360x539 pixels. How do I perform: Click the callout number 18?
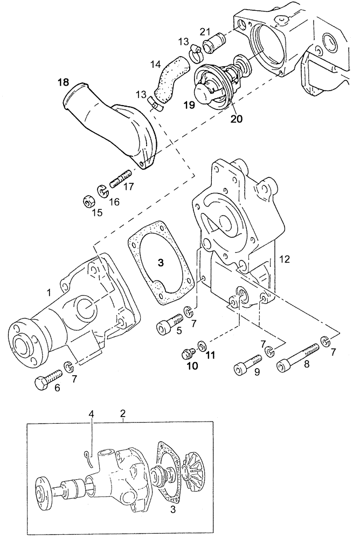click(x=64, y=82)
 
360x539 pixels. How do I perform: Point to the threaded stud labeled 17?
click(x=121, y=179)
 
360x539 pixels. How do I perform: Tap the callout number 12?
click(x=285, y=259)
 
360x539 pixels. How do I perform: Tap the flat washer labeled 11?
click(x=202, y=344)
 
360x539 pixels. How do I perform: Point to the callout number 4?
click(x=91, y=414)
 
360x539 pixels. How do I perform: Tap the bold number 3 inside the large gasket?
click(x=160, y=262)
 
